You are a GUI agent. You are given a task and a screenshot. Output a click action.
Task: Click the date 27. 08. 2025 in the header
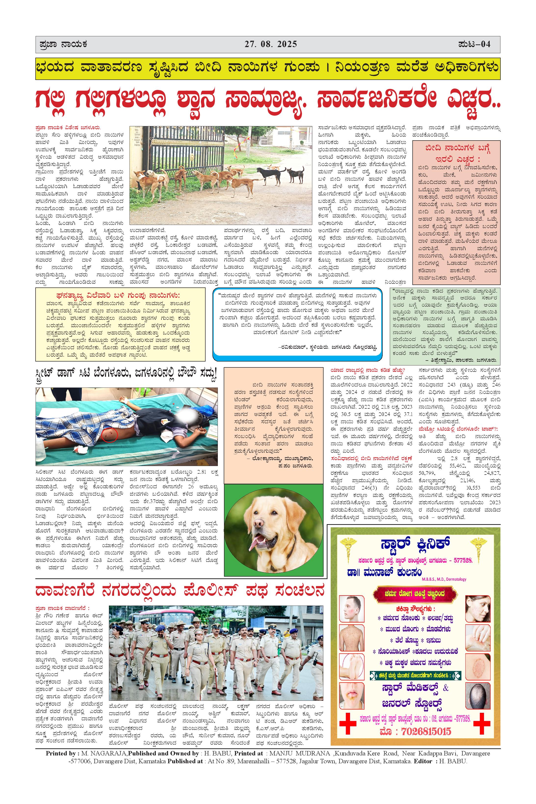point(270,44)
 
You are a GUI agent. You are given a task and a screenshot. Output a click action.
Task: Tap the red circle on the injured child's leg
point(110,434)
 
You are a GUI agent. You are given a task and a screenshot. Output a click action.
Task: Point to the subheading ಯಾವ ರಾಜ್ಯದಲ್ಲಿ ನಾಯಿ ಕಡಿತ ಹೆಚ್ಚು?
point(367,370)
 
